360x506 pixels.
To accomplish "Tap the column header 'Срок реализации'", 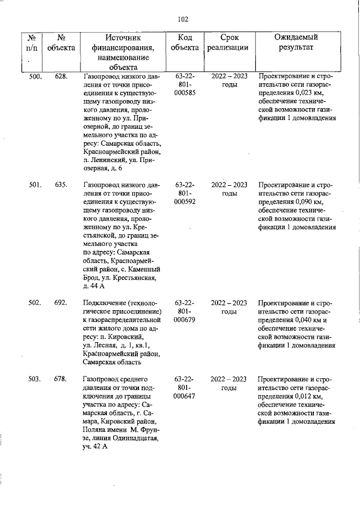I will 227,42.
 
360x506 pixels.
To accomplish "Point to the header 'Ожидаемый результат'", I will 296,42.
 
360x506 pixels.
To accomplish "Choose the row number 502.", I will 35,303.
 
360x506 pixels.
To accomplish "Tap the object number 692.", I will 61,303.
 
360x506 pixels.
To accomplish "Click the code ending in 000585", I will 185,93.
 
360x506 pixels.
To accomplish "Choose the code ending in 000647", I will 185,397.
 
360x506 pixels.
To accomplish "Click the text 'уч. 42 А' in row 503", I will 94,447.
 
